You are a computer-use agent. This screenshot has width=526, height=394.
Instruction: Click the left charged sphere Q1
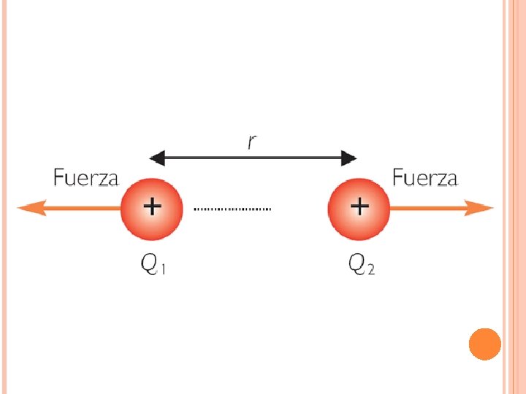pos(150,209)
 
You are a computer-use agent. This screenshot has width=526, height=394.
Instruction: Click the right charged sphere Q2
pos(359,209)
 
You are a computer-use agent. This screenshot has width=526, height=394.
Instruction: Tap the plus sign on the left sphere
pos(151,207)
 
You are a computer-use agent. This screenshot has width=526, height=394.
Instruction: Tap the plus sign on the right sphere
pos(359,206)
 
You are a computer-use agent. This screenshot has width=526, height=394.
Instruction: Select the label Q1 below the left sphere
pos(153,266)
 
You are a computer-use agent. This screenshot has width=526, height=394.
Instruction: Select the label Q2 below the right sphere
pos(362,266)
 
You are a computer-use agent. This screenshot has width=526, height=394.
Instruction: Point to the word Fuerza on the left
pos(86,178)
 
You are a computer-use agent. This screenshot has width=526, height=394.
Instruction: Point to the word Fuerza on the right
pos(425,178)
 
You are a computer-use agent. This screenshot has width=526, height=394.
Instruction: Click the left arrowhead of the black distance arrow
pos(156,158)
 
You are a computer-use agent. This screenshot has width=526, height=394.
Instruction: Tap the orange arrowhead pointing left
pos(28,209)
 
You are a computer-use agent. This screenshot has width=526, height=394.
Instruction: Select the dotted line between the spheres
pos(232,209)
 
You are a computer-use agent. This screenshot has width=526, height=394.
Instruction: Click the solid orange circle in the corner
pos(485,344)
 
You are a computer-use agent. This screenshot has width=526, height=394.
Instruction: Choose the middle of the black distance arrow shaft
pos(253,158)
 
